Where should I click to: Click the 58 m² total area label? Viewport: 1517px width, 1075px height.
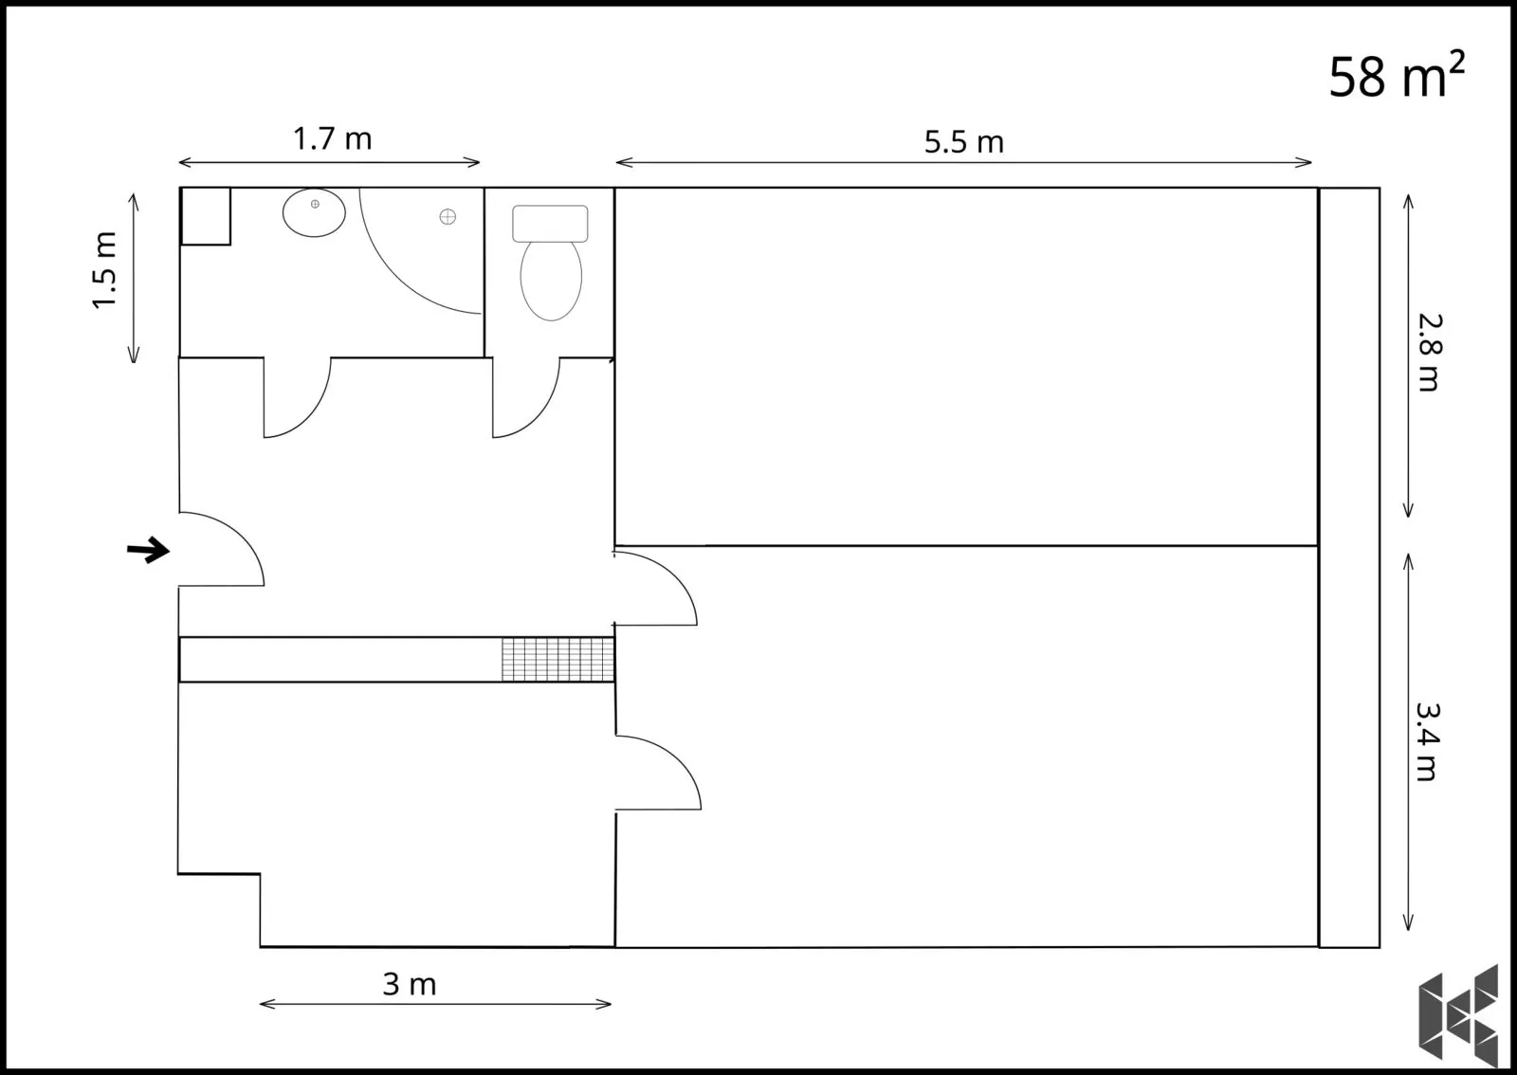point(1397,75)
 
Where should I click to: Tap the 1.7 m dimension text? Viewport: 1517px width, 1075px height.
point(333,138)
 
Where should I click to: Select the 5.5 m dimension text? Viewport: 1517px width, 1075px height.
point(963,142)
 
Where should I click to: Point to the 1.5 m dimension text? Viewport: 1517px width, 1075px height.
point(105,270)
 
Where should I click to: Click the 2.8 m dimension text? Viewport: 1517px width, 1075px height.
point(1431,352)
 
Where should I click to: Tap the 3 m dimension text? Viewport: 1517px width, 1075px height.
point(410,984)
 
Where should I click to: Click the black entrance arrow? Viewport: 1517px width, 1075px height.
point(148,550)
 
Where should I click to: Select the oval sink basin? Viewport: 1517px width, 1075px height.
point(314,212)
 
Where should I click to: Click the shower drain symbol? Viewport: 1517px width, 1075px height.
point(448,217)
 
